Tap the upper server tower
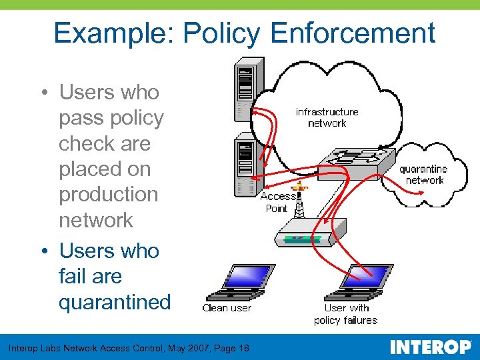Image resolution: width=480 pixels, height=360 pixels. click(x=248, y=90)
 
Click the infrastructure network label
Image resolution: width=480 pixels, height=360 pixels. click(x=327, y=117)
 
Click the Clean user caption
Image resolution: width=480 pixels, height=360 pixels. click(x=227, y=308)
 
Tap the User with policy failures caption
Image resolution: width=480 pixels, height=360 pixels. click(x=346, y=314)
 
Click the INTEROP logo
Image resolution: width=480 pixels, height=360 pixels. click(x=431, y=347)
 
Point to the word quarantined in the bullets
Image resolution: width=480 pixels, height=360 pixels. click(x=115, y=302)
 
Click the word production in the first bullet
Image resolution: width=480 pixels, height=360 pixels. click(x=109, y=195)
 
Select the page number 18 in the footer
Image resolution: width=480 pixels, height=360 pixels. click(x=243, y=348)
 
